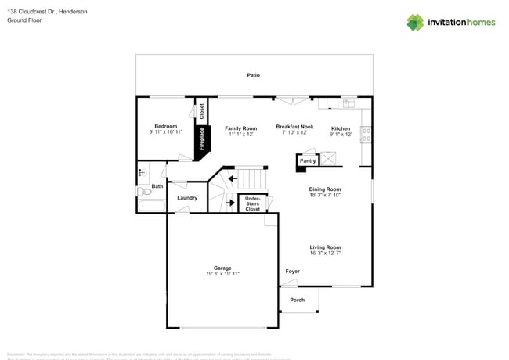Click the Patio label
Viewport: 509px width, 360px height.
coord(253,75)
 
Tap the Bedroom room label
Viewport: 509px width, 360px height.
coord(165,126)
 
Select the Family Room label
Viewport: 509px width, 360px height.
coord(240,128)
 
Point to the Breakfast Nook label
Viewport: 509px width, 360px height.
coord(294,126)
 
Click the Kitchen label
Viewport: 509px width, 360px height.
coord(341,128)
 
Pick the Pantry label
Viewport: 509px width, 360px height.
coord(308,160)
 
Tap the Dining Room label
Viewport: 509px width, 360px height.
coord(324,189)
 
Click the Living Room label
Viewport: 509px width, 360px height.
coord(324,247)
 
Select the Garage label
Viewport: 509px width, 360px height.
coord(222,268)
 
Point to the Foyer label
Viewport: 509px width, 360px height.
coord(292,272)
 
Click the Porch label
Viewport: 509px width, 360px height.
coord(298,300)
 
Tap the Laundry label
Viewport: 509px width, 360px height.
coord(187,198)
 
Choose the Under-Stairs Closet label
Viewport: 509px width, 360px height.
coord(252,204)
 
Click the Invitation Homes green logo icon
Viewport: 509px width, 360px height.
coord(415,22)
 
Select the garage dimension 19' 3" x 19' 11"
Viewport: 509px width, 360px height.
coord(222,274)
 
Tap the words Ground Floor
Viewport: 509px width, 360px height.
coord(23,21)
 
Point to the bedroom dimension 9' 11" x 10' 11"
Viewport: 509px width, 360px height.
coord(165,132)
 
